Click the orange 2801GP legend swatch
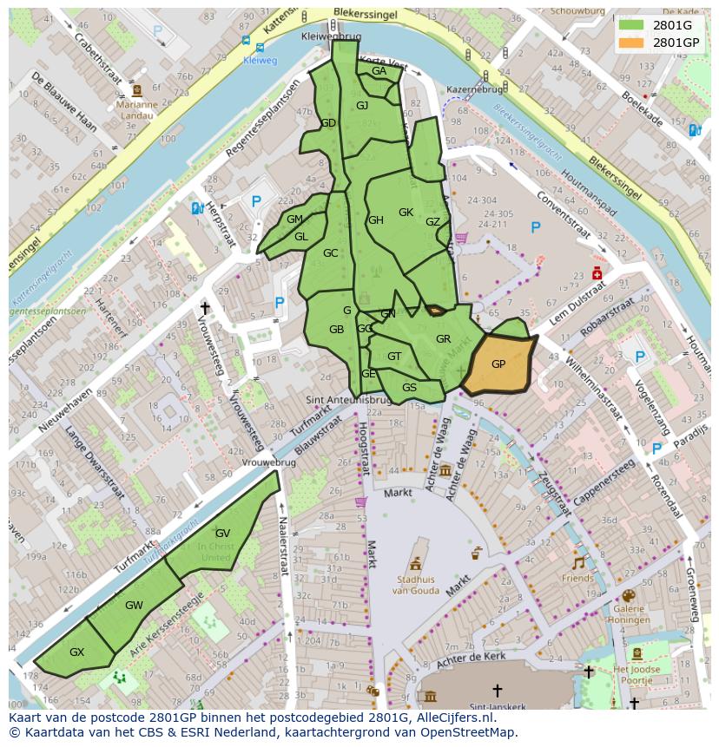(631, 42)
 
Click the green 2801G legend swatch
(631, 25)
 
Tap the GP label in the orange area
(498, 364)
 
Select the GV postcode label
(222, 533)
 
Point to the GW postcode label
(134, 605)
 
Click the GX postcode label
(76, 652)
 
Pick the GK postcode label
(406, 213)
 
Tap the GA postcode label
(379, 71)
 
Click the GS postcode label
(409, 388)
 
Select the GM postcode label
(294, 220)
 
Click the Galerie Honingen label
(629, 614)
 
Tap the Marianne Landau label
(135, 110)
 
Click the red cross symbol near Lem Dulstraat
(597, 274)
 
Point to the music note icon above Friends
(578, 562)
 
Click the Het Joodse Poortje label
(637, 675)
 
